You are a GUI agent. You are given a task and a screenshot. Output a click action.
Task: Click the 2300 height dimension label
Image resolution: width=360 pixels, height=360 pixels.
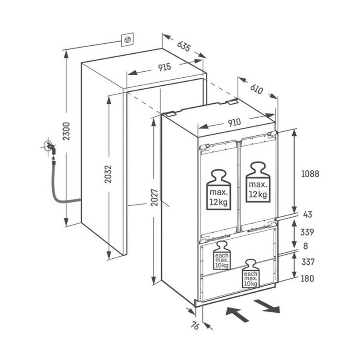coord(66,131)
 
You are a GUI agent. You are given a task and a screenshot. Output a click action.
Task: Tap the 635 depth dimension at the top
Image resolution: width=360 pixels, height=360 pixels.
coord(183,46)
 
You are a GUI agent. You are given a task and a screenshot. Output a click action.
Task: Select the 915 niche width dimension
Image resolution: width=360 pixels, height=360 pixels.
coord(164,67)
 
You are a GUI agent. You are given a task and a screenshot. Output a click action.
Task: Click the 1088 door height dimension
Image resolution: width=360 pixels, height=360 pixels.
coord(310,174)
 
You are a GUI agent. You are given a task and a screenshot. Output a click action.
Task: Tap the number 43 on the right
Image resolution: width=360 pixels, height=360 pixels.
coord(308,215)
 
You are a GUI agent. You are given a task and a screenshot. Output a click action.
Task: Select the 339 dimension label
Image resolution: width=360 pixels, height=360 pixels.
coord(307,232)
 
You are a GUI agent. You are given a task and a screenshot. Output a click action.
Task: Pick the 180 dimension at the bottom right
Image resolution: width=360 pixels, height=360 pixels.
coord(307,278)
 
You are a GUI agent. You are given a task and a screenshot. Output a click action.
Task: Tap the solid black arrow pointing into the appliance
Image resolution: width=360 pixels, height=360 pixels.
coord(238,313)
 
